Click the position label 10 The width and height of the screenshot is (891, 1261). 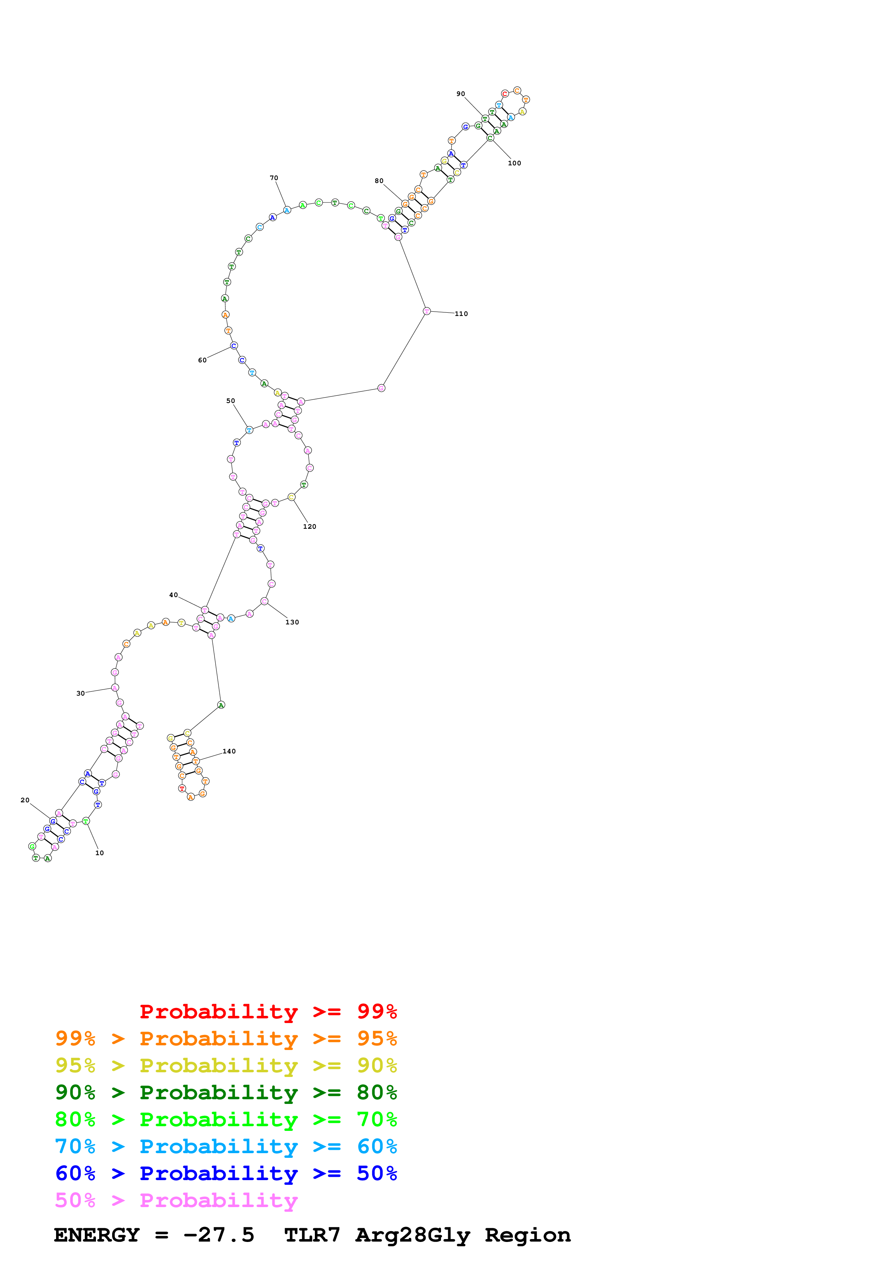(99, 853)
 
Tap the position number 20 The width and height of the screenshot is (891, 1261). (25, 800)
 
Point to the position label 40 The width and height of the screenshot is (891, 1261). (174, 595)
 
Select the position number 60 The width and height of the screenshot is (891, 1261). (202, 360)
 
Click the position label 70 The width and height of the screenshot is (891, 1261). (274, 178)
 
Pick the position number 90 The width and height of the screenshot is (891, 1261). (461, 94)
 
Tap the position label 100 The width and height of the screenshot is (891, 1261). (514, 163)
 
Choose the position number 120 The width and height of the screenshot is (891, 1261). (309, 527)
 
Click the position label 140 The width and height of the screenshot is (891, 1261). (229, 751)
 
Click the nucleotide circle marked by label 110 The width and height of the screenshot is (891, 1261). (427, 311)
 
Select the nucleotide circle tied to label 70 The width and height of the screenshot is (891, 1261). (286, 210)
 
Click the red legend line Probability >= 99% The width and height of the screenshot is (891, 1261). (268, 1012)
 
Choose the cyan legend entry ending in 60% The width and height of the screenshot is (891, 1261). (226, 1147)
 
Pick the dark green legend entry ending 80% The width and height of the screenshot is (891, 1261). (226, 1093)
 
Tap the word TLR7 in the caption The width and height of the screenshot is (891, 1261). (312, 1235)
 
